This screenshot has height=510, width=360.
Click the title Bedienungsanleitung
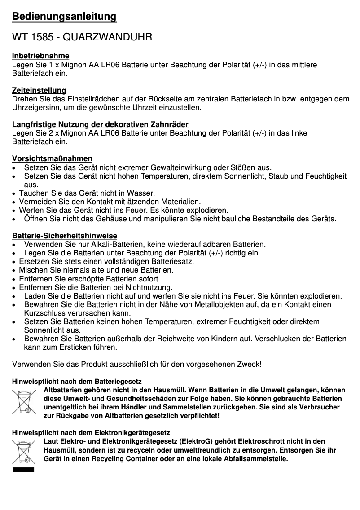tap(64, 17)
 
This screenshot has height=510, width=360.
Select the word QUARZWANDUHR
tap(107, 37)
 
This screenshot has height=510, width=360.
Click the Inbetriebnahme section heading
tap(40, 56)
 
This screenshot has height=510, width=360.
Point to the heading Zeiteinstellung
tap(39, 91)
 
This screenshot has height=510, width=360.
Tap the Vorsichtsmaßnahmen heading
tap(52, 159)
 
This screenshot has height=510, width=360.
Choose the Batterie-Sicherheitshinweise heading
tap(65, 236)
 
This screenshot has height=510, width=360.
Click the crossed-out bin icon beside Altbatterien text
tap(24, 402)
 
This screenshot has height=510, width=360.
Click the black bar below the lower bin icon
tap(24, 470)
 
